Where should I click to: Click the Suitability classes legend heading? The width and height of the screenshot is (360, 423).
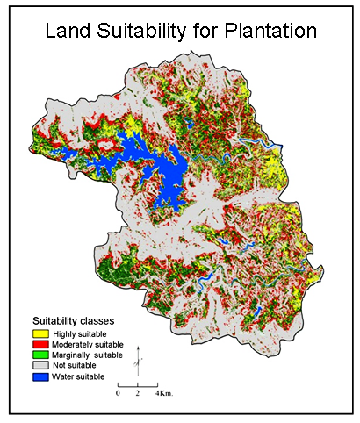[x=72, y=322]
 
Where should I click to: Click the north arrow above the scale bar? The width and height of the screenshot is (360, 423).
[x=138, y=360]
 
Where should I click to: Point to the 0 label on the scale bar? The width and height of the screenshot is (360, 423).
[x=119, y=394]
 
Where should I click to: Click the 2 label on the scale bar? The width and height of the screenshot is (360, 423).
[x=138, y=394]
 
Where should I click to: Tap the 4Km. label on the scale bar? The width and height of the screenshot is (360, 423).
[x=165, y=394]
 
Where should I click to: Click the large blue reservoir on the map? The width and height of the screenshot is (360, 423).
[x=162, y=171]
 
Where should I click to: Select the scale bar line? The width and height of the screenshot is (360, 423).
[x=138, y=385]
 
